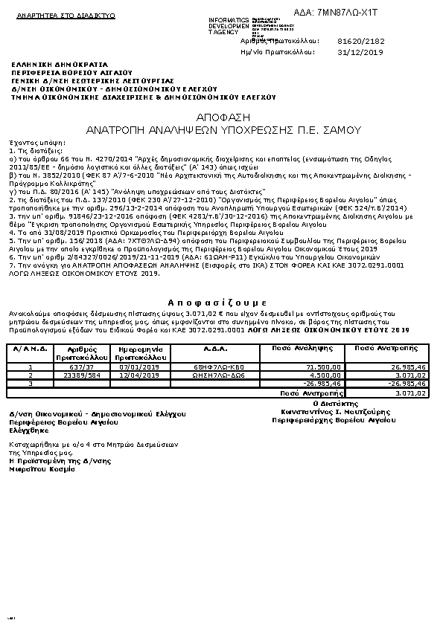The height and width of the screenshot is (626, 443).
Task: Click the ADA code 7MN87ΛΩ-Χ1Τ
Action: point(337,13)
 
